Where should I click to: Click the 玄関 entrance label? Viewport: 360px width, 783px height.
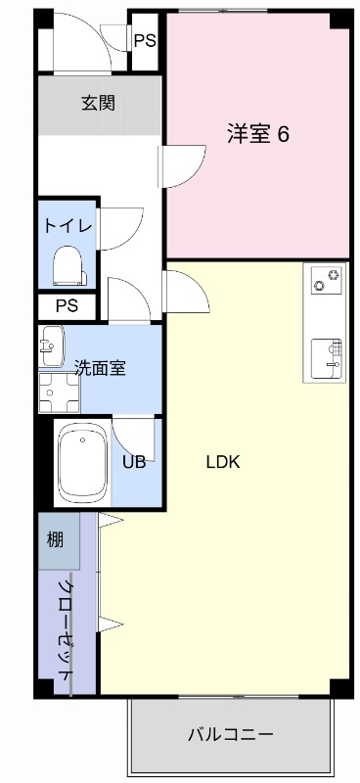pos(99,101)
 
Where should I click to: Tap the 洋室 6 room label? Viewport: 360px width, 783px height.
pos(258,134)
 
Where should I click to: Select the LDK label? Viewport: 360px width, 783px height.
pos(222,462)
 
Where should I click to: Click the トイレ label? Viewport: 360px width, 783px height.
pos(67,226)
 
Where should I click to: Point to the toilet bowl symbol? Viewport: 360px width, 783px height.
pos(67,264)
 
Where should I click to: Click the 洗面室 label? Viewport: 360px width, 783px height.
pos(100,368)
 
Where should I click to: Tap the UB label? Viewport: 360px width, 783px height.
pos(134,462)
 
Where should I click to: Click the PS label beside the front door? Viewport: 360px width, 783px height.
pos(145,41)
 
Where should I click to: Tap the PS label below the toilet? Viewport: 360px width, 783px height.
pos(67,305)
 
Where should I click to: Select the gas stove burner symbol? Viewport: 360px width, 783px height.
pos(326,279)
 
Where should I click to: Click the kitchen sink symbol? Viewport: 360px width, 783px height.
pos(326,356)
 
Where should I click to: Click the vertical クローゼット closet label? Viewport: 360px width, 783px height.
pos(66,632)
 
